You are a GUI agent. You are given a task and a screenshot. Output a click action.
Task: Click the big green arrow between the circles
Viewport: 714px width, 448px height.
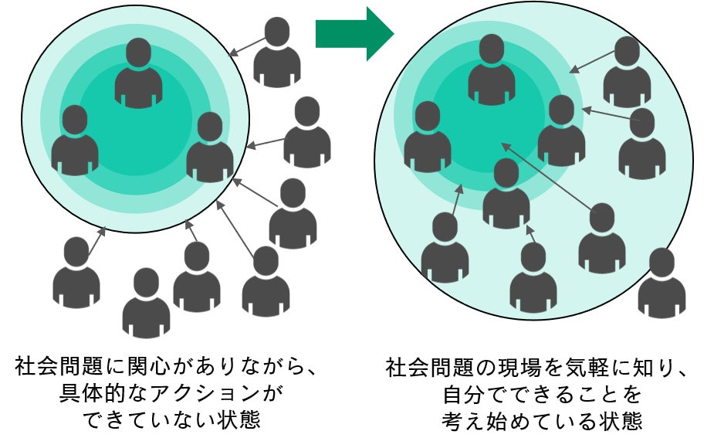click(354, 33)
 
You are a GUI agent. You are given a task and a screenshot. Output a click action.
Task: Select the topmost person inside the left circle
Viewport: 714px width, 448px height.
click(139, 73)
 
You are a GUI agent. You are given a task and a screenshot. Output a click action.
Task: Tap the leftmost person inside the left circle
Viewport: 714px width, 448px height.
click(75, 141)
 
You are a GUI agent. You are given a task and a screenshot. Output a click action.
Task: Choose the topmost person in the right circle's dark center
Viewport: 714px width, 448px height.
click(492, 70)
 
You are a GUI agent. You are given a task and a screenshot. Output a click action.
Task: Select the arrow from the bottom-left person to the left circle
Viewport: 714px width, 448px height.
click(96, 242)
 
